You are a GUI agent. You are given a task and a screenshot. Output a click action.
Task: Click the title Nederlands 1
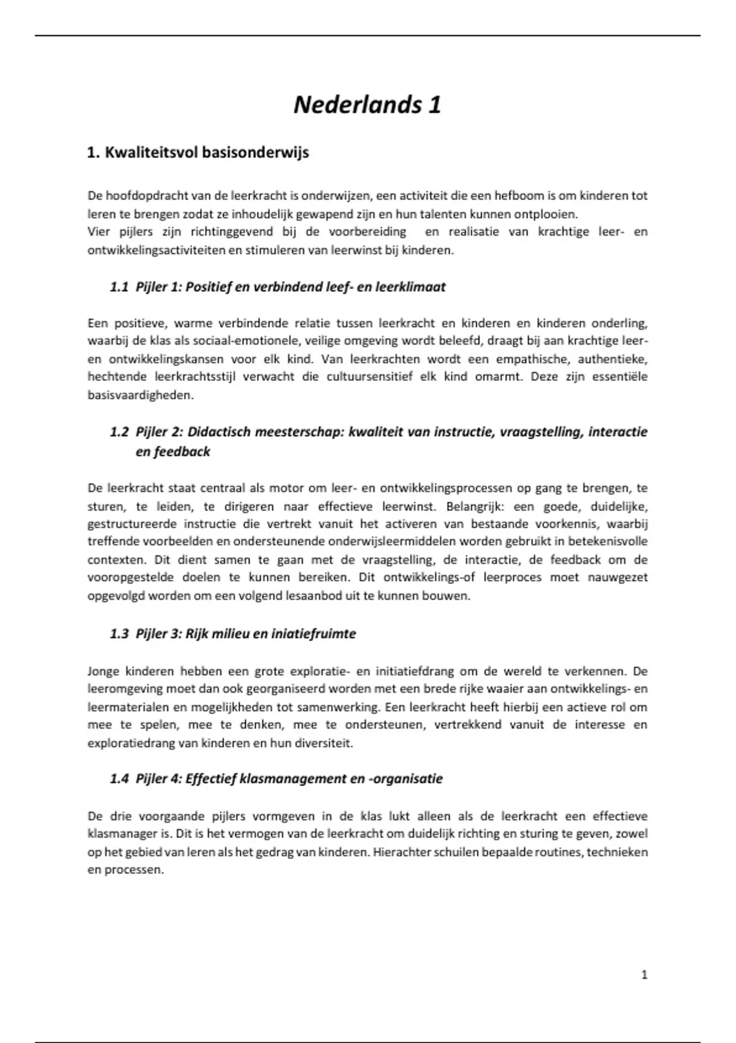(367, 105)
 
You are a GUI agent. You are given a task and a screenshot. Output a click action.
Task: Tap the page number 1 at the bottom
(644, 974)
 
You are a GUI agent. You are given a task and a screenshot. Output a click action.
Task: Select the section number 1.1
(119, 287)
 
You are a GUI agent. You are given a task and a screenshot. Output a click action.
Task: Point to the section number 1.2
(119, 432)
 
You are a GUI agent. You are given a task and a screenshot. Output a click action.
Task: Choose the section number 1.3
(119, 634)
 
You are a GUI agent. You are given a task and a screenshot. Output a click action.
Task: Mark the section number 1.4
(119, 779)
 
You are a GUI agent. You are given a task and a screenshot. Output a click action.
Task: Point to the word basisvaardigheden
(140, 395)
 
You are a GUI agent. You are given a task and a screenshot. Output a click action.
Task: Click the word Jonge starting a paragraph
(102, 671)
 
